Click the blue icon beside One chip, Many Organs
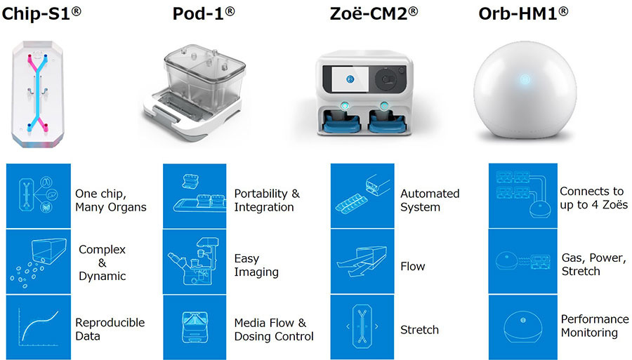tap(37, 196)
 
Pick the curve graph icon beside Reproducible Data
tap(37, 328)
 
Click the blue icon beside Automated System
tap(362, 196)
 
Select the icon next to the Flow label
tap(362, 263)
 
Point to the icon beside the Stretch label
tap(362, 328)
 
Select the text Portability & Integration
tap(267, 200)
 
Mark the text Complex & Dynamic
tap(103, 262)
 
